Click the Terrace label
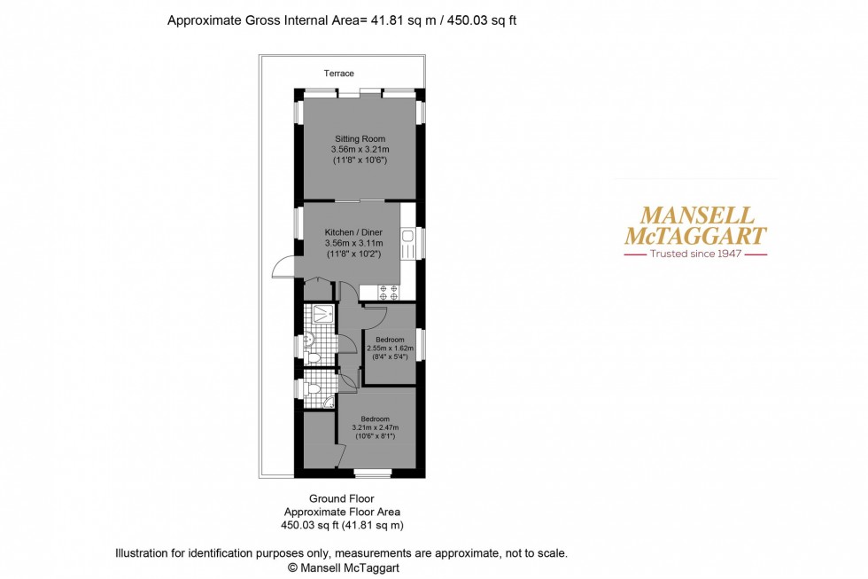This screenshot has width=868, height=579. [x=338, y=73]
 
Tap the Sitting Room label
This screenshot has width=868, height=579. [x=360, y=139]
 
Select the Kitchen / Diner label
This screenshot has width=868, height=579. [x=353, y=232]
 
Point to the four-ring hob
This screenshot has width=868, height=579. [x=388, y=293]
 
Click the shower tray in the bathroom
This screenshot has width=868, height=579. [x=322, y=314]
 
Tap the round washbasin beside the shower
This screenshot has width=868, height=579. [x=308, y=338]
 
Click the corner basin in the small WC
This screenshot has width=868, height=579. [x=329, y=403]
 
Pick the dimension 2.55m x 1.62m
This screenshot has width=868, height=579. [x=390, y=348]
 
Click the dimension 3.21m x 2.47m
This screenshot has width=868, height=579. [x=376, y=427]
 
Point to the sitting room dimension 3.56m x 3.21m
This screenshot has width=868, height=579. [x=360, y=150]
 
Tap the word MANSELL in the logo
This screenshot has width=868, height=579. [x=697, y=215]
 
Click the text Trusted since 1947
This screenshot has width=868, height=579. [x=696, y=254]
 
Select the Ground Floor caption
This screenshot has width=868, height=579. [x=342, y=498]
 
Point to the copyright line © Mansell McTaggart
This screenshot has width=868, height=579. [x=344, y=568]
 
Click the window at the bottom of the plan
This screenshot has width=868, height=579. [x=372, y=473]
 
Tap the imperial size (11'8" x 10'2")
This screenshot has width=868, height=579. [x=353, y=254]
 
